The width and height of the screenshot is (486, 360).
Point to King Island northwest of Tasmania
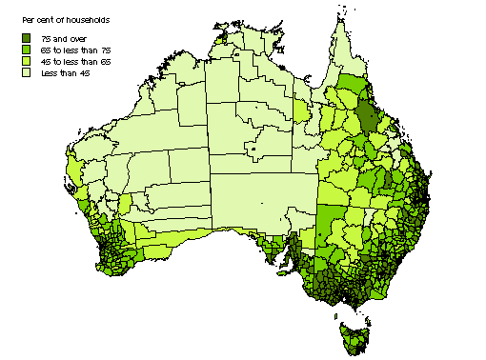[x=331, y=310]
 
